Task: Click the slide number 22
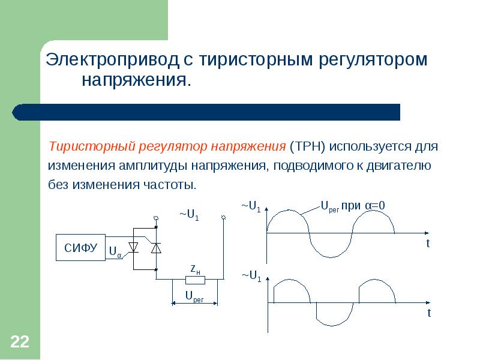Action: pos(20,342)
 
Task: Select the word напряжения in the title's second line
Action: pos(136,80)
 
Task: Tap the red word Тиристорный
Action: pos(92,146)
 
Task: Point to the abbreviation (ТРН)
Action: pos(307,146)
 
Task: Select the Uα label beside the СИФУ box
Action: pos(115,253)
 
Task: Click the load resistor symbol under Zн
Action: pos(195,280)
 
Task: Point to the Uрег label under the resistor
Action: pos(194,296)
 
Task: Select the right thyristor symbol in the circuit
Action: pos(155,247)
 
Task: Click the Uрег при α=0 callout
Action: pos(353,206)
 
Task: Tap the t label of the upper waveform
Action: pos(428,244)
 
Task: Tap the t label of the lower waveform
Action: pos(430,313)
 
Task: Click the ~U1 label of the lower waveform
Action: pos(251,276)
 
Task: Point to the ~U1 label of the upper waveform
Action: pos(251,206)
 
